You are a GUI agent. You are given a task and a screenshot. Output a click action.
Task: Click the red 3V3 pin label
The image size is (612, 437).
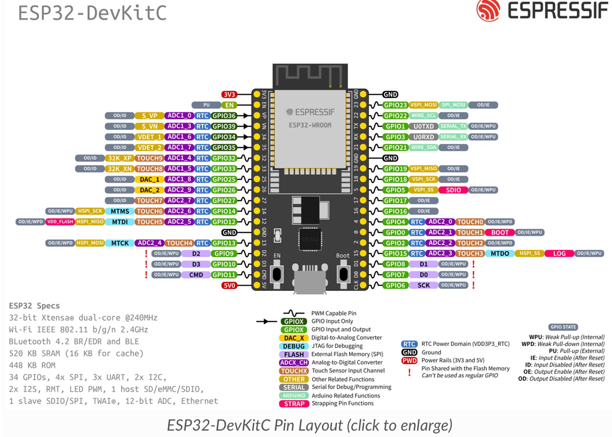pyautogui.click(x=229, y=94)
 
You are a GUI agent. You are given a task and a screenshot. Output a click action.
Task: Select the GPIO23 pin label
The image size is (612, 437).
pyautogui.click(x=395, y=105)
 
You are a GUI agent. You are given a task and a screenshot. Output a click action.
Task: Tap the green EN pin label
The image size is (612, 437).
pyautogui.click(x=229, y=105)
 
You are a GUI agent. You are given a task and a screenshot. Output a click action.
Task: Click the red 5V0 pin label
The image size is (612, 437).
pyautogui.click(x=229, y=286)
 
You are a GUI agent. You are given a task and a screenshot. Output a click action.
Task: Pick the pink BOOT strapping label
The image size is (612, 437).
pyautogui.click(x=500, y=232)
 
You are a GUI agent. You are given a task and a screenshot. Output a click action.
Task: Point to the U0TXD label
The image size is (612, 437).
pyautogui.click(x=424, y=126)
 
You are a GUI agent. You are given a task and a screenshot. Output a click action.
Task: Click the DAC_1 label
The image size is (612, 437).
pyautogui.click(x=150, y=179)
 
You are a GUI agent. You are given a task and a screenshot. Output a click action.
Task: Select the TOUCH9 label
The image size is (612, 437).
pyautogui.click(x=149, y=158)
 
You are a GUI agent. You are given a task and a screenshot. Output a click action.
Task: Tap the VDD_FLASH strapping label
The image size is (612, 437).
pyautogui.click(x=60, y=222)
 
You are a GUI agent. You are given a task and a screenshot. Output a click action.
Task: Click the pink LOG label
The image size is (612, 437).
pyautogui.click(x=559, y=254)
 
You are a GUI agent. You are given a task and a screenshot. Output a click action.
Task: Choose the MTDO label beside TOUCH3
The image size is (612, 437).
pyautogui.click(x=500, y=254)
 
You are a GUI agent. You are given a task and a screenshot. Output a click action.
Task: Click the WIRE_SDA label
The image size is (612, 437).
pyautogui.click(x=424, y=148)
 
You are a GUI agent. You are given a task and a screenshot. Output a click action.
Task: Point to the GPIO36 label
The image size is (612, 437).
pyautogui.click(x=224, y=116)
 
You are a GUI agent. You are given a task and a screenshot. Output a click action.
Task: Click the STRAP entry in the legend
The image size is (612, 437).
pyautogui.click(x=293, y=404)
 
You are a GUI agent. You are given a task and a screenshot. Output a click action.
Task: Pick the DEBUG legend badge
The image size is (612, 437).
pyautogui.click(x=293, y=346)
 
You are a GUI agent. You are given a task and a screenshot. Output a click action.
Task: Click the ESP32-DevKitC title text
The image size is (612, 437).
pyautogui.click(x=92, y=13)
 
